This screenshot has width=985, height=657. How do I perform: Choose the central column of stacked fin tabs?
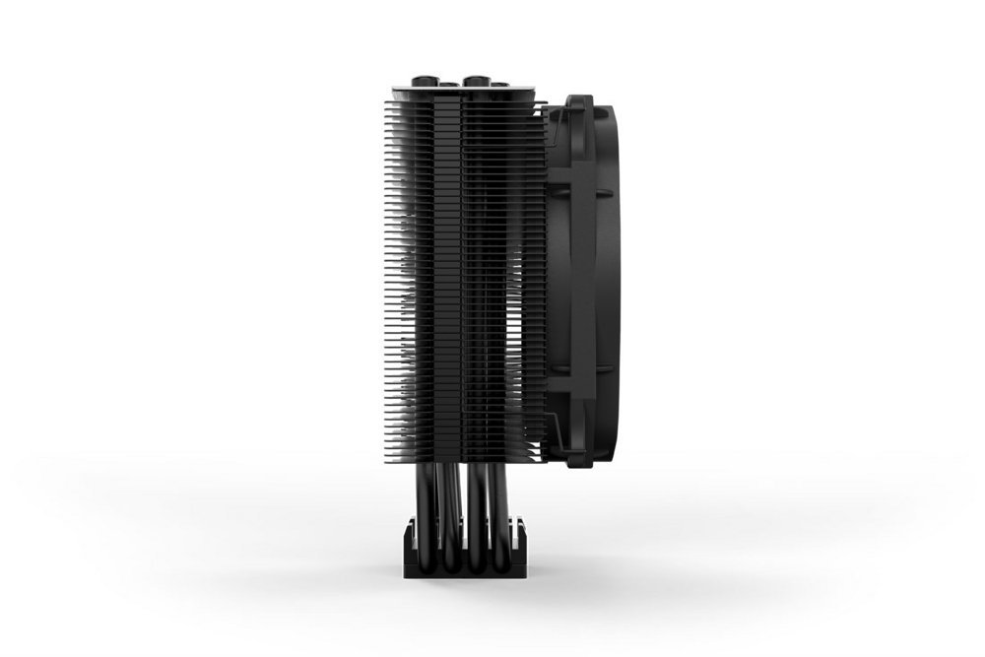(463, 276)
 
